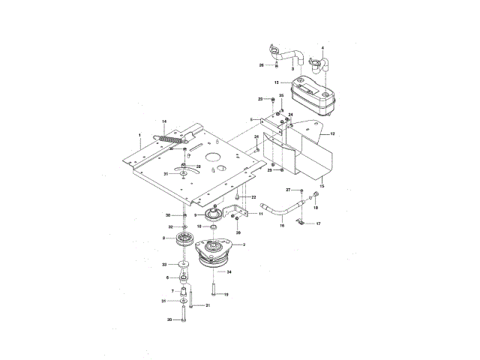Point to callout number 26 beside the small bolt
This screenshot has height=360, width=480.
tap(262, 65)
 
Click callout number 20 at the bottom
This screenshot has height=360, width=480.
tap(169, 319)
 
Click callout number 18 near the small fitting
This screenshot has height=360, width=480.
tap(316, 207)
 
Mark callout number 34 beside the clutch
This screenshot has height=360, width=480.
tap(229, 271)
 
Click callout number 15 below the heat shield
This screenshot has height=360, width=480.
tap(322, 184)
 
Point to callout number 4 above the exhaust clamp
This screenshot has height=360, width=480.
tap(322, 48)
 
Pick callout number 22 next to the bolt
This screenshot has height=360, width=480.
tap(243, 196)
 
